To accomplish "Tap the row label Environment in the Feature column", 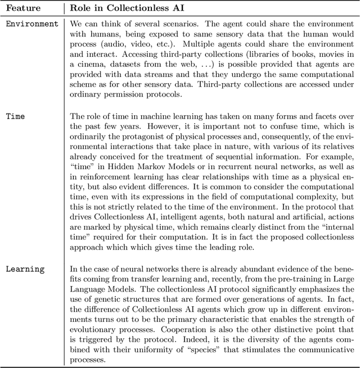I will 32,24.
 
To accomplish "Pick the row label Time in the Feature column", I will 16,116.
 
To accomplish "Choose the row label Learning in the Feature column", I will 25,269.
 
